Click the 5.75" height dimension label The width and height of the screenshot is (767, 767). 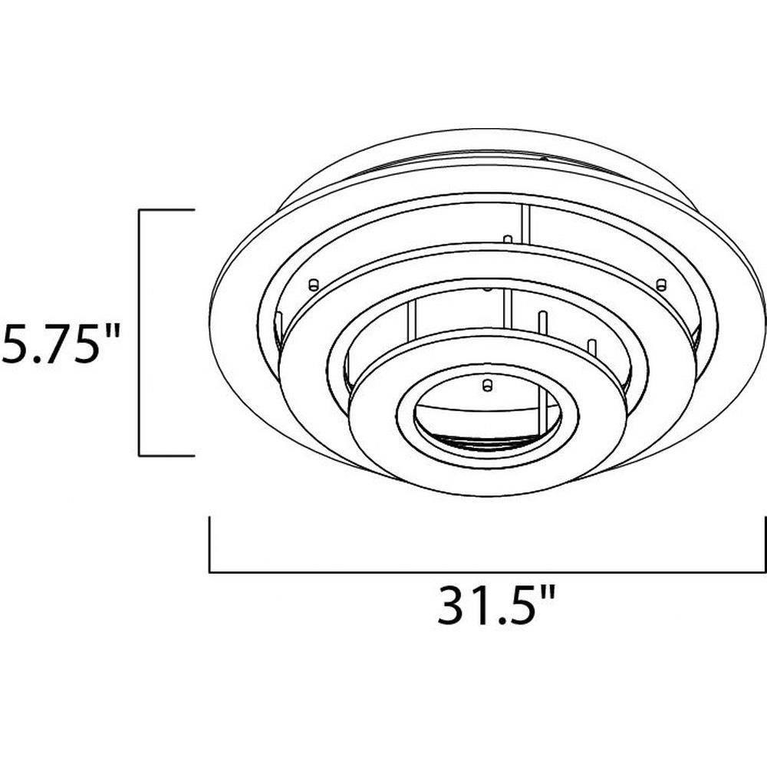(60, 345)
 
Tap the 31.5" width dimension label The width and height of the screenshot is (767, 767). (496, 606)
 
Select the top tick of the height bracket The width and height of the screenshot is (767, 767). (167, 209)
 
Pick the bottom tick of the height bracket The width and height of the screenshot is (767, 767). (167, 456)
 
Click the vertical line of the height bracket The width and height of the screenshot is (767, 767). (140, 333)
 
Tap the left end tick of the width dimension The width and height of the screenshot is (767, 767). (210, 544)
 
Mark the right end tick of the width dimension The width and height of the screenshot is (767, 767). (765, 544)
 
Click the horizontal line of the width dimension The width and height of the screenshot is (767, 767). (487, 571)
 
